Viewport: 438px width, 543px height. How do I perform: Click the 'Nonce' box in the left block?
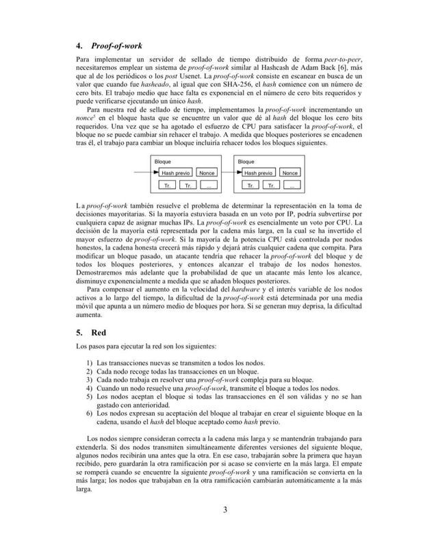207,173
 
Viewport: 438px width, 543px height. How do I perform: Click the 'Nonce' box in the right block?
291,173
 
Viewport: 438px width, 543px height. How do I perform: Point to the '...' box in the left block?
210,186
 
